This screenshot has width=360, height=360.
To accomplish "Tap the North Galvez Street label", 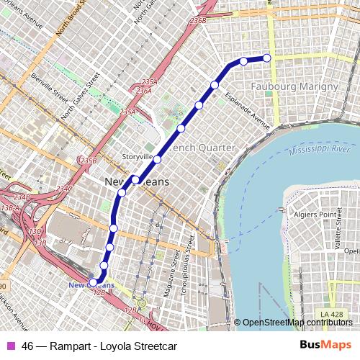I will (79, 103).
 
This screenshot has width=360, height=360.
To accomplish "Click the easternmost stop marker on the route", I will (267, 58).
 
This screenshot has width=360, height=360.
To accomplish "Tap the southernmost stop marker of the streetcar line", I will (92, 282).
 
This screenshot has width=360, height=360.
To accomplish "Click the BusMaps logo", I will (321, 346).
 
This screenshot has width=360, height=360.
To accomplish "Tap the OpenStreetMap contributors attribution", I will (297, 322).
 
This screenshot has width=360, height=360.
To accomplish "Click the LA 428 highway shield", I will (332, 314).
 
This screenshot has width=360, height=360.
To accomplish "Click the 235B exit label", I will (88, 160).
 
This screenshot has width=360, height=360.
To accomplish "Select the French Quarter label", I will (202, 147).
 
